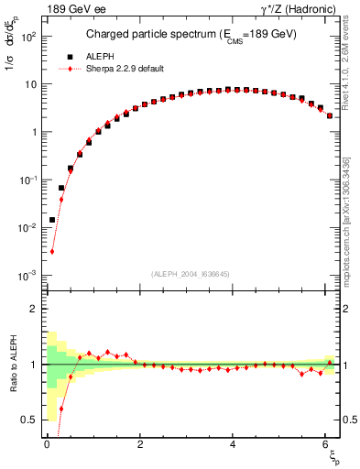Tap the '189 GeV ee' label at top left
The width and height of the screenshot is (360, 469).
pyautogui.click(x=74, y=9)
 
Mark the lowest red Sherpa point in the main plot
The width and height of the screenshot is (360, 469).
pyautogui.click(x=52, y=251)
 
